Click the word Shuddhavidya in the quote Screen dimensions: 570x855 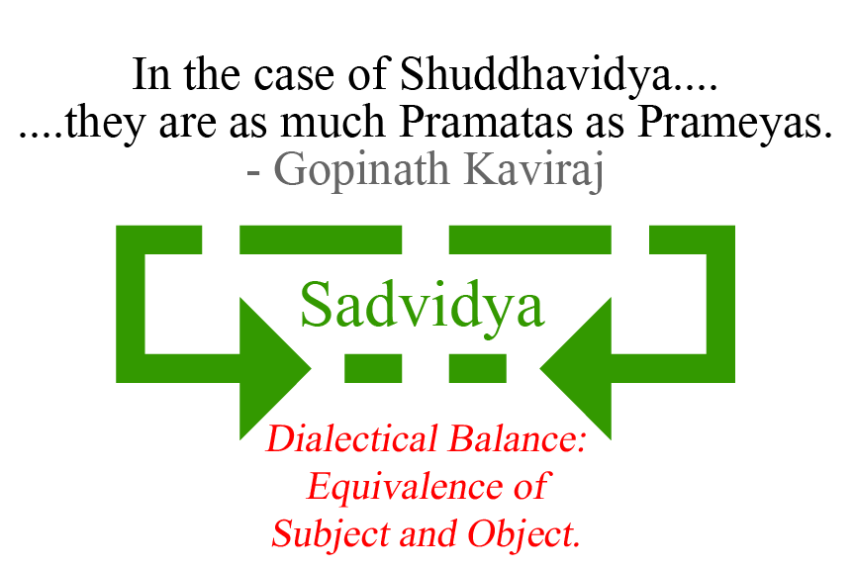(528, 75)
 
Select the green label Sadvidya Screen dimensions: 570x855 (423, 305)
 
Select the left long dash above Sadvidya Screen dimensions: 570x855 (321, 239)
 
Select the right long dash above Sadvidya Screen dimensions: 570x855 (529, 239)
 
